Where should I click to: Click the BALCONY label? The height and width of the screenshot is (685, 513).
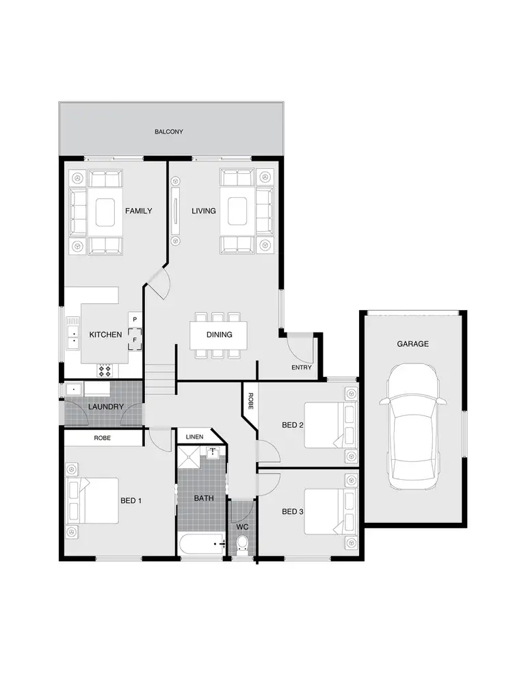point(168,131)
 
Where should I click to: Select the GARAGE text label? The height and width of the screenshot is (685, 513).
point(413,344)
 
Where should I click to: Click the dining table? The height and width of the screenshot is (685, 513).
point(219,335)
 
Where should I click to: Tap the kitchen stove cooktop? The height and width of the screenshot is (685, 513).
point(105,370)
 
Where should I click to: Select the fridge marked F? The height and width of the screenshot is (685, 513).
point(135,339)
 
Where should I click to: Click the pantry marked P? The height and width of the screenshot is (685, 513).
point(135,320)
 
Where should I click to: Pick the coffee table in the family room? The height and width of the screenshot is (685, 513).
point(105,211)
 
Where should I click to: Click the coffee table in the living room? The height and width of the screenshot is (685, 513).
point(237,211)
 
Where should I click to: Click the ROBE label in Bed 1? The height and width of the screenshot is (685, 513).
point(103,437)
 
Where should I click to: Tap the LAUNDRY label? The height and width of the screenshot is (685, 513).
point(106,407)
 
